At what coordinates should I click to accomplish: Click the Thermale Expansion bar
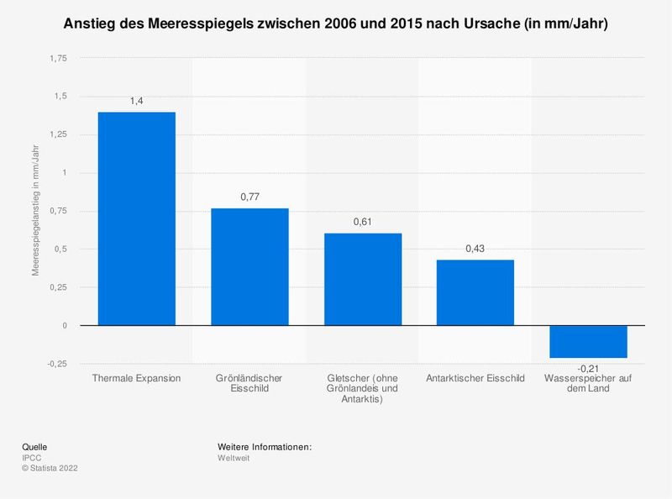pos(137,218)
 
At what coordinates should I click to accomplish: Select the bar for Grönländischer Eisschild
pos(249,267)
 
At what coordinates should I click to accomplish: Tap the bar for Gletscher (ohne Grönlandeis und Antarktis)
pos(363,279)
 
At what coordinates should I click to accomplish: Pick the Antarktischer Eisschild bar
pos(475,292)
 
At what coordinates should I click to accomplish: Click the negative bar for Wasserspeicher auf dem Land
pos(588,341)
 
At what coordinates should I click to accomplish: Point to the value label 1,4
pos(137,101)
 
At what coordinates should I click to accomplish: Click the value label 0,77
pos(249,197)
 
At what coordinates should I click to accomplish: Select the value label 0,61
pos(363,222)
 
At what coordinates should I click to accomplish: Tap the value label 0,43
pos(475,249)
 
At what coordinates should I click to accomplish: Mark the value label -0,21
pos(588,368)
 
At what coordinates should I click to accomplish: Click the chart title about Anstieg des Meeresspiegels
pos(336,25)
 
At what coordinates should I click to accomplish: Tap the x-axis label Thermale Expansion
pos(137,378)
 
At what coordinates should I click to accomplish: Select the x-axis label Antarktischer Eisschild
pos(475,378)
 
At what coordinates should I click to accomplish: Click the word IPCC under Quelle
pos(31,458)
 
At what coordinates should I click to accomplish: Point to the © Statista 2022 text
pos(50,469)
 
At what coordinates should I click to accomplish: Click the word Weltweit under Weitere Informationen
pos(234,458)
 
